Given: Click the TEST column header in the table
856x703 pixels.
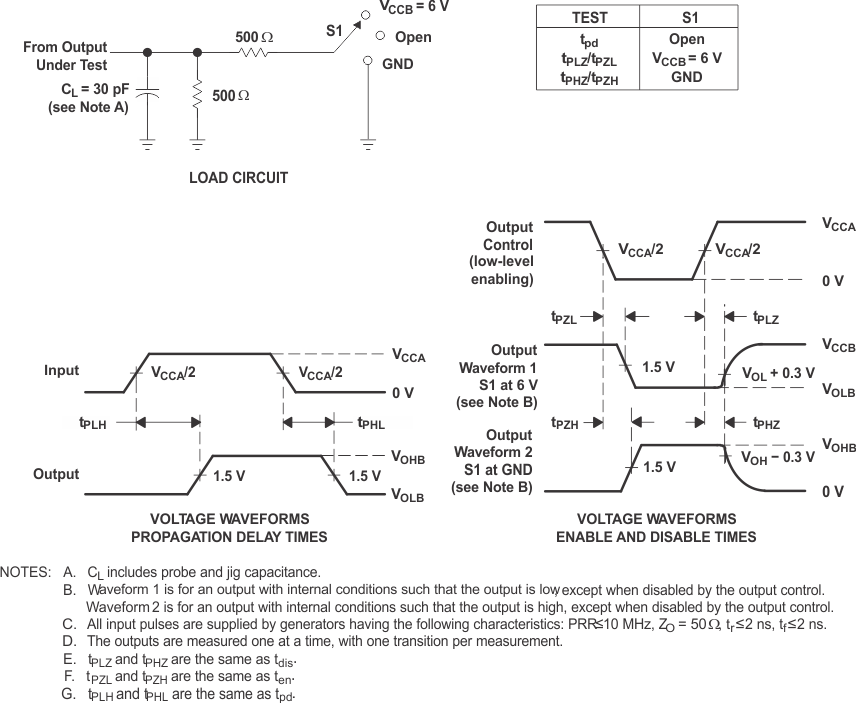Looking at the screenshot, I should (x=587, y=17).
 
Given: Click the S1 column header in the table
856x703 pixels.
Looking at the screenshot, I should (x=686, y=17).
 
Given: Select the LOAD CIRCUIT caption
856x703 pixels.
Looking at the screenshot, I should (x=238, y=178).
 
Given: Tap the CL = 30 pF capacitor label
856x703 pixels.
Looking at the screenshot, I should (x=89, y=98).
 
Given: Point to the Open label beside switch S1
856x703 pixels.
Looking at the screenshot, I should (x=413, y=37).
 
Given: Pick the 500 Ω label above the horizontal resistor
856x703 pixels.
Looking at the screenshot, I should (x=254, y=36).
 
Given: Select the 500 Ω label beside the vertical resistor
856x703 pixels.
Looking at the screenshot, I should (x=230, y=96).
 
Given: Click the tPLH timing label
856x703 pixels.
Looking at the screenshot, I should (x=93, y=423).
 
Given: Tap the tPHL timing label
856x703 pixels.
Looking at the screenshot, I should (x=371, y=423).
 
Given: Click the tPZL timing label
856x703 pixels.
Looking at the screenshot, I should (x=564, y=317).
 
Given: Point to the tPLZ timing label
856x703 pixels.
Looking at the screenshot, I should (x=765, y=317).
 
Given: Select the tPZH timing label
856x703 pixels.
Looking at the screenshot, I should (x=564, y=423).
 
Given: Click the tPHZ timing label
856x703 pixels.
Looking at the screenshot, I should (x=765, y=423).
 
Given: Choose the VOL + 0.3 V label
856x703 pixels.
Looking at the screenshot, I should (x=779, y=373).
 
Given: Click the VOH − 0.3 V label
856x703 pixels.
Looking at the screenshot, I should (x=778, y=457).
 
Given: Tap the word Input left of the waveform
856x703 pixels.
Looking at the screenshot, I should (x=61, y=370).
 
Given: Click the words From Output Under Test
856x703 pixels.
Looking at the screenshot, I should (x=66, y=55).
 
